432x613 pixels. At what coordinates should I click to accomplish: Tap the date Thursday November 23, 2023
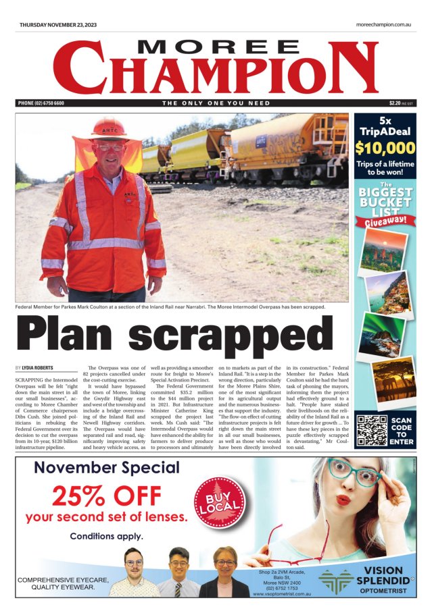pyautogui.click(x=58, y=25)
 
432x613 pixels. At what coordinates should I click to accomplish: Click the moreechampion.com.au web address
pyautogui.click(x=383, y=25)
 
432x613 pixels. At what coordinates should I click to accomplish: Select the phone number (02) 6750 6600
pyautogui.click(x=41, y=103)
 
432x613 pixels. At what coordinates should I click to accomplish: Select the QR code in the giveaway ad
pyautogui.click(x=371, y=431)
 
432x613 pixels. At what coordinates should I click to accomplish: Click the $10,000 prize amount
pyautogui.click(x=385, y=149)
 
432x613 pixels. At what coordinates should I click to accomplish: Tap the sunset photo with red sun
pyautogui.click(x=383, y=250)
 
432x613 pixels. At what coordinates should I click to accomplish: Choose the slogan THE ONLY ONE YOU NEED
pyautogui.click(x=216, y=103)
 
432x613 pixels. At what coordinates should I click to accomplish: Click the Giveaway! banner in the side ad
pyautogui.click(x=385, y=220)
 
